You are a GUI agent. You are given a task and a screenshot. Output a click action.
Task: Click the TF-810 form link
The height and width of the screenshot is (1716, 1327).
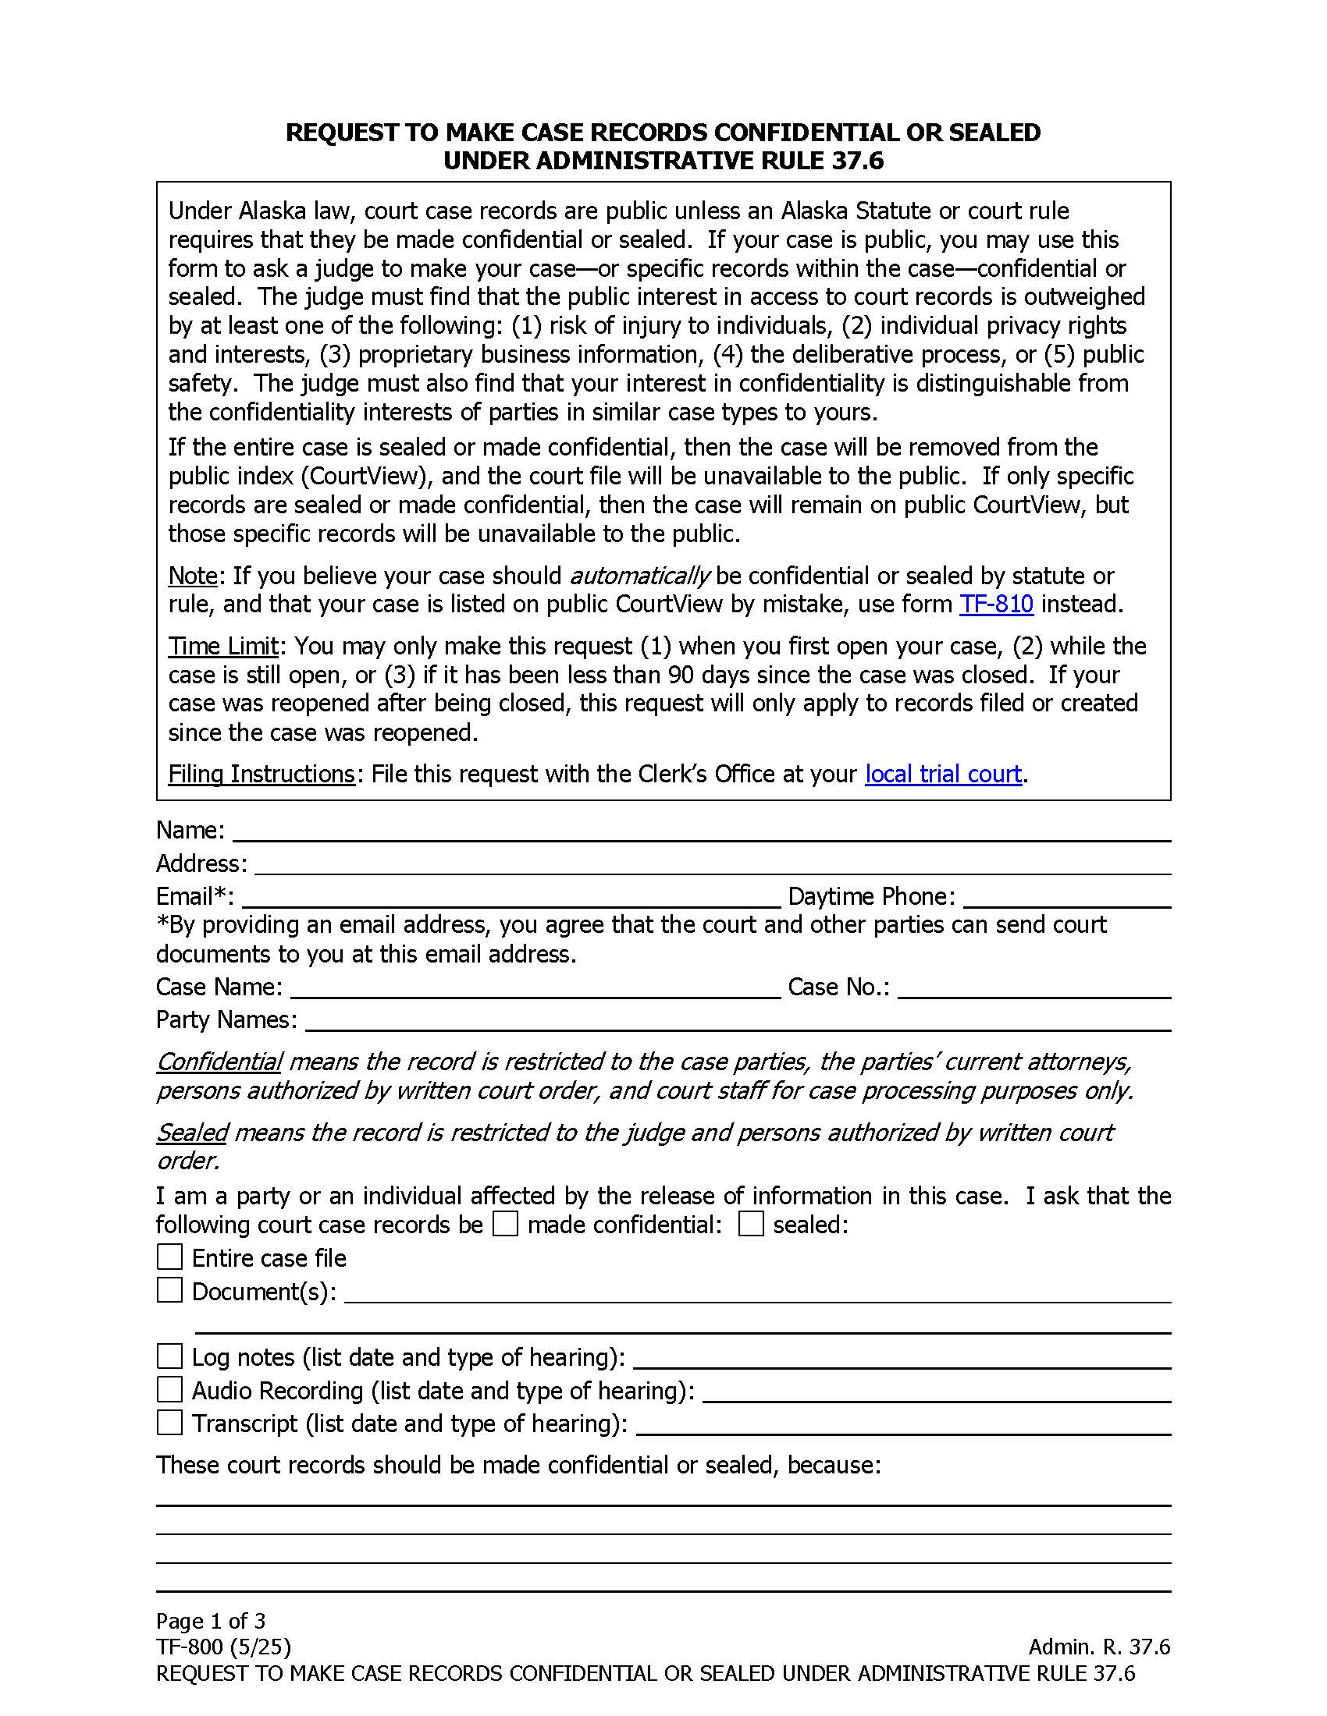click(x=996, y=604)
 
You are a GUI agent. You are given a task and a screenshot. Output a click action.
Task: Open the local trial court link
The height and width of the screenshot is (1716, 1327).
click(x=943, y=774)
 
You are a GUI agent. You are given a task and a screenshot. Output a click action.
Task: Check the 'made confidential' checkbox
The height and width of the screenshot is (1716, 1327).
click(x=506, y=1224)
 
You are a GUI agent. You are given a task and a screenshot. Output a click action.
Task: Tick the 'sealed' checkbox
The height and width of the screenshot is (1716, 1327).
click(x=751, y=1224)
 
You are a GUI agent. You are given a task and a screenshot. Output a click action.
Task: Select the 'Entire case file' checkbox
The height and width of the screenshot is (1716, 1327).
click(x=169, y=1257)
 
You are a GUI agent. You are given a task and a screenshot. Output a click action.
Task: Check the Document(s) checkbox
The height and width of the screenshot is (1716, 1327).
click(x=169, y=1290)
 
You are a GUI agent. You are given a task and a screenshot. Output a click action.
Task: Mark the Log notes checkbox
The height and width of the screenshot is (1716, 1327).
click(x=169, y=1357)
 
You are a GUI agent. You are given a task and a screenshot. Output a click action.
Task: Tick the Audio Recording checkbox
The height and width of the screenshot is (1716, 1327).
click(x=169, y=1390)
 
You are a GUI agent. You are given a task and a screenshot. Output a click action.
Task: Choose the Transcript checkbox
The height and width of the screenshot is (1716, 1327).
click(x=169, y=1423)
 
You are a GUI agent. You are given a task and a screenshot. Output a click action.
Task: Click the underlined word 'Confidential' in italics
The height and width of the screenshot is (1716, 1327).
click(x=219, y=1062)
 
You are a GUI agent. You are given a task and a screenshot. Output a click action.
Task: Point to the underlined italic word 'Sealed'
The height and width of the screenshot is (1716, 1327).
click(x=191, y=1133)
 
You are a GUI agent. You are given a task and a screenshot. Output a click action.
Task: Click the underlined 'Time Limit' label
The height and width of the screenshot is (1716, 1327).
click(x=223, y=646)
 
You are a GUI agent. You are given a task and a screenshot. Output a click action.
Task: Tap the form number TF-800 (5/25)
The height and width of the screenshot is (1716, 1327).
click(x=223, y=1647)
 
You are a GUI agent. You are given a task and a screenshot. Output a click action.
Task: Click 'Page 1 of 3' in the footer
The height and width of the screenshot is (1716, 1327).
click(x=211, y=1621)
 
